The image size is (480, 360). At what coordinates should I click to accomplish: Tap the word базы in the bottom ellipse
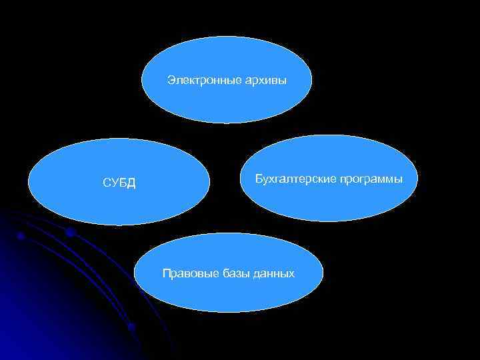pyautogui.click(x=231, y=274)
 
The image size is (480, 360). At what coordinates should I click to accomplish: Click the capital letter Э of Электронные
pyautogui.click(x=171, y=81)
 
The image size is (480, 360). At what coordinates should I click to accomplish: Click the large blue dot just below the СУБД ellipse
pyautogui.click(x=70, y=232)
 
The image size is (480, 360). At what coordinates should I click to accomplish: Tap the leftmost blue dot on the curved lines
pyautogui.click(x=21, y=236)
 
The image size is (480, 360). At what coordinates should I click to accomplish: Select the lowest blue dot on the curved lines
pyautogui.click(x=131, y=327)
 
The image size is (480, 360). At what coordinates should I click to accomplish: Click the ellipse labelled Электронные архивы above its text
pyautogui.click(x=227, y=57)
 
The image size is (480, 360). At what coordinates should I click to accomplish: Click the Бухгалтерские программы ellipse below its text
pyautogui.click(x=330, y=203)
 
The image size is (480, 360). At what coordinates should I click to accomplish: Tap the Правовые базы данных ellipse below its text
pyautogui.click(x=229, y=297)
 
